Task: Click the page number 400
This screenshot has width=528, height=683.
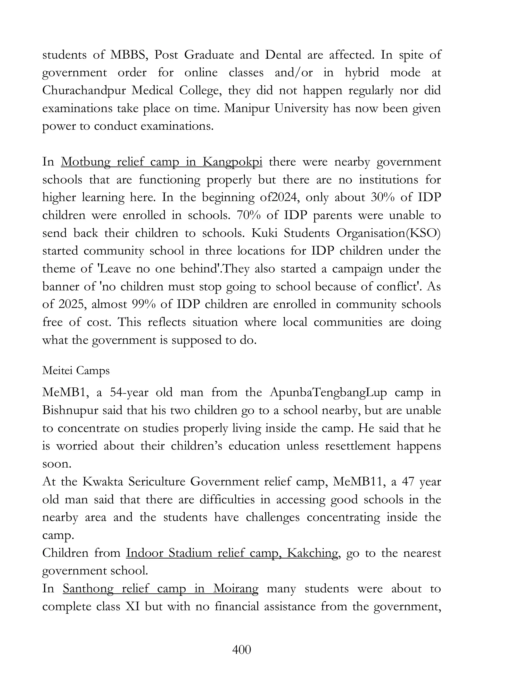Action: [x=242, y=649]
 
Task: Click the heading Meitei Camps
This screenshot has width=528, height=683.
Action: [x=76, y=371]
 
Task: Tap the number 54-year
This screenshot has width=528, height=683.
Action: [x=129, y=393]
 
